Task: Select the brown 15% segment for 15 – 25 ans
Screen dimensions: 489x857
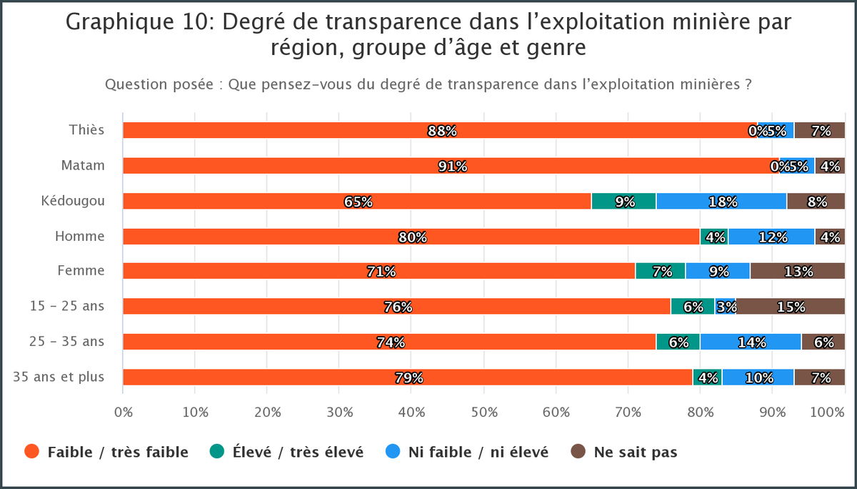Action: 791,307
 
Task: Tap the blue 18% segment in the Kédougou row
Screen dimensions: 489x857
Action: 721,201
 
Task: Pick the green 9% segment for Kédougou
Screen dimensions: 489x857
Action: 623,201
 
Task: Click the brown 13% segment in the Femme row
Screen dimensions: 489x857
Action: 797,271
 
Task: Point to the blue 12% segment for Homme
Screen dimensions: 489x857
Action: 771,237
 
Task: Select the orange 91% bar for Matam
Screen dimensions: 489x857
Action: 451,166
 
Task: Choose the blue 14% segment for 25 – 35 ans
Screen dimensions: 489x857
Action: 751,342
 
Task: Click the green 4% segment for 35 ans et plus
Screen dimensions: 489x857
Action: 707,377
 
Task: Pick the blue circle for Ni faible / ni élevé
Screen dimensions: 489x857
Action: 392,451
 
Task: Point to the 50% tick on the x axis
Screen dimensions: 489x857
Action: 484,413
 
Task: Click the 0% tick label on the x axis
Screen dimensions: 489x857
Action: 124,413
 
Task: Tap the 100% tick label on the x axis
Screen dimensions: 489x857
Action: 828,413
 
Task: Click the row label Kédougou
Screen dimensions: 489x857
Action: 73,201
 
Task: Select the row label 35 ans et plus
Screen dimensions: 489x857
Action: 59,377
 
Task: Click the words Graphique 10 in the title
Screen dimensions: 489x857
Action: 139,22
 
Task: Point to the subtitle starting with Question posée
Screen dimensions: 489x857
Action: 428,84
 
